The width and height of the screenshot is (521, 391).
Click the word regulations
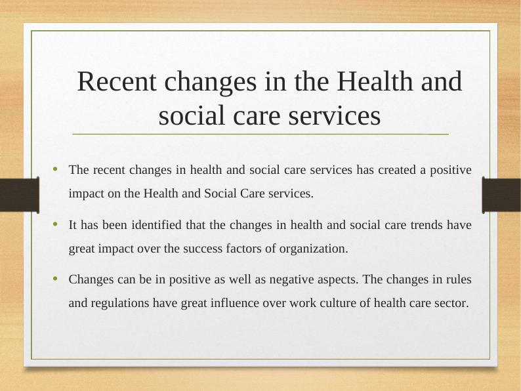point(121,303)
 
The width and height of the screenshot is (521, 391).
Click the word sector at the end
point(452,303)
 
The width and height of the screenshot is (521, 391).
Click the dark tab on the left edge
point(19,195)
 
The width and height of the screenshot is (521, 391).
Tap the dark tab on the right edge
point(501,195)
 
